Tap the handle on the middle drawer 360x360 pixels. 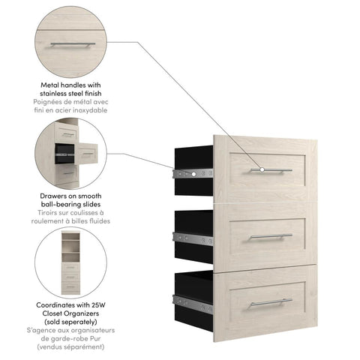pos(271,236)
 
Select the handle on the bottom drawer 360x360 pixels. pos(270,301)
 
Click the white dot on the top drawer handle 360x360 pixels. pos(262,170)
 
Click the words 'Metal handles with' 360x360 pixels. pos(71,87)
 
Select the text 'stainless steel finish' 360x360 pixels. pos(71,94)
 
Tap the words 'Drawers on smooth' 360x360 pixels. pos(71,196)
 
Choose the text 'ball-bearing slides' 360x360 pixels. pos(71,205)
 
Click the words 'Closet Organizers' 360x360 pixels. pos(71,313)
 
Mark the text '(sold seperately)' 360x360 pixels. pos(71,321)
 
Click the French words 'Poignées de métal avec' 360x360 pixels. pos(71,103)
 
